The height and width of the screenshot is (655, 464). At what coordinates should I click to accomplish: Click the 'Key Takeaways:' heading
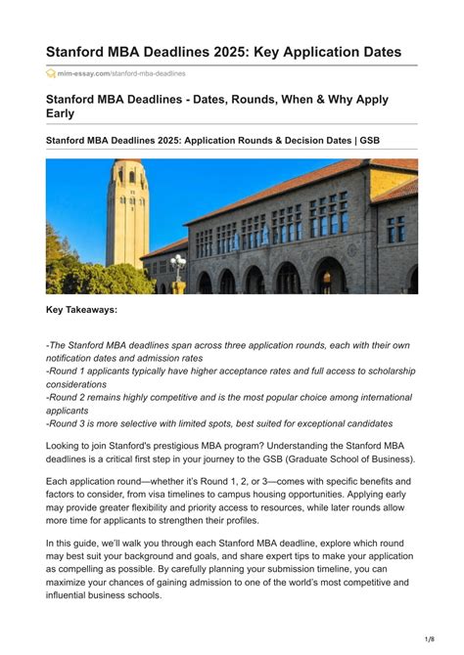pyautogui.click(x=82, y=310)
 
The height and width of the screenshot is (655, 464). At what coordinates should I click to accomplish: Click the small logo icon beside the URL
pyautogui.click(x=51, y=73)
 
